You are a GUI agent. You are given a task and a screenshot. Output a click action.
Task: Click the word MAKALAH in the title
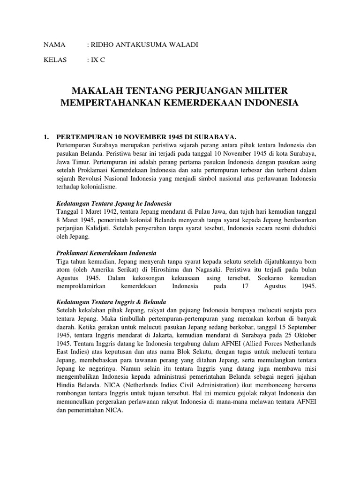pos(97,90)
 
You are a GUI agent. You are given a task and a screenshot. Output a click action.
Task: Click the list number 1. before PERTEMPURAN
pos(46,136)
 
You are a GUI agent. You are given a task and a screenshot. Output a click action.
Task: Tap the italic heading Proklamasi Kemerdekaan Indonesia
pos(106,253)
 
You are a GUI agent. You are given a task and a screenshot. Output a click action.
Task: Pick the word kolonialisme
pos(101,186)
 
